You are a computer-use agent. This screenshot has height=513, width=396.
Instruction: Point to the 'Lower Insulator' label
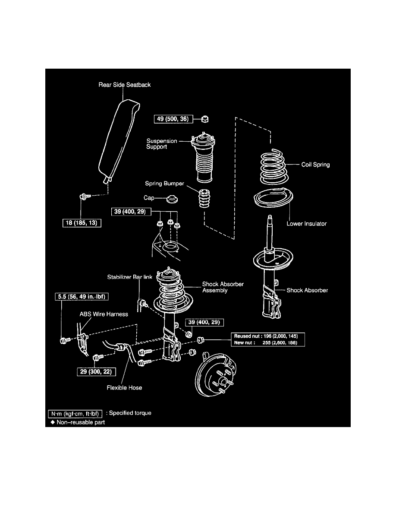(307, 224)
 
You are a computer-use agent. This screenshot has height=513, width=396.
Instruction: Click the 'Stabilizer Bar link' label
(130, 276)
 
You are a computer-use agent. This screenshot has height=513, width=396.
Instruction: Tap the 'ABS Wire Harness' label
(103, 314)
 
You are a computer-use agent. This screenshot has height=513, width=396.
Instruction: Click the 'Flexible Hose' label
(125, 387)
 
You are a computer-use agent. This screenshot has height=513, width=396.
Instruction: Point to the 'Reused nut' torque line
(268, 336)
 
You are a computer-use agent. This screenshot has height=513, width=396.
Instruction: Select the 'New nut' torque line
(268, 342)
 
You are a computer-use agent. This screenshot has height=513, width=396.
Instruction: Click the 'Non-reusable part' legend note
(77, 422)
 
